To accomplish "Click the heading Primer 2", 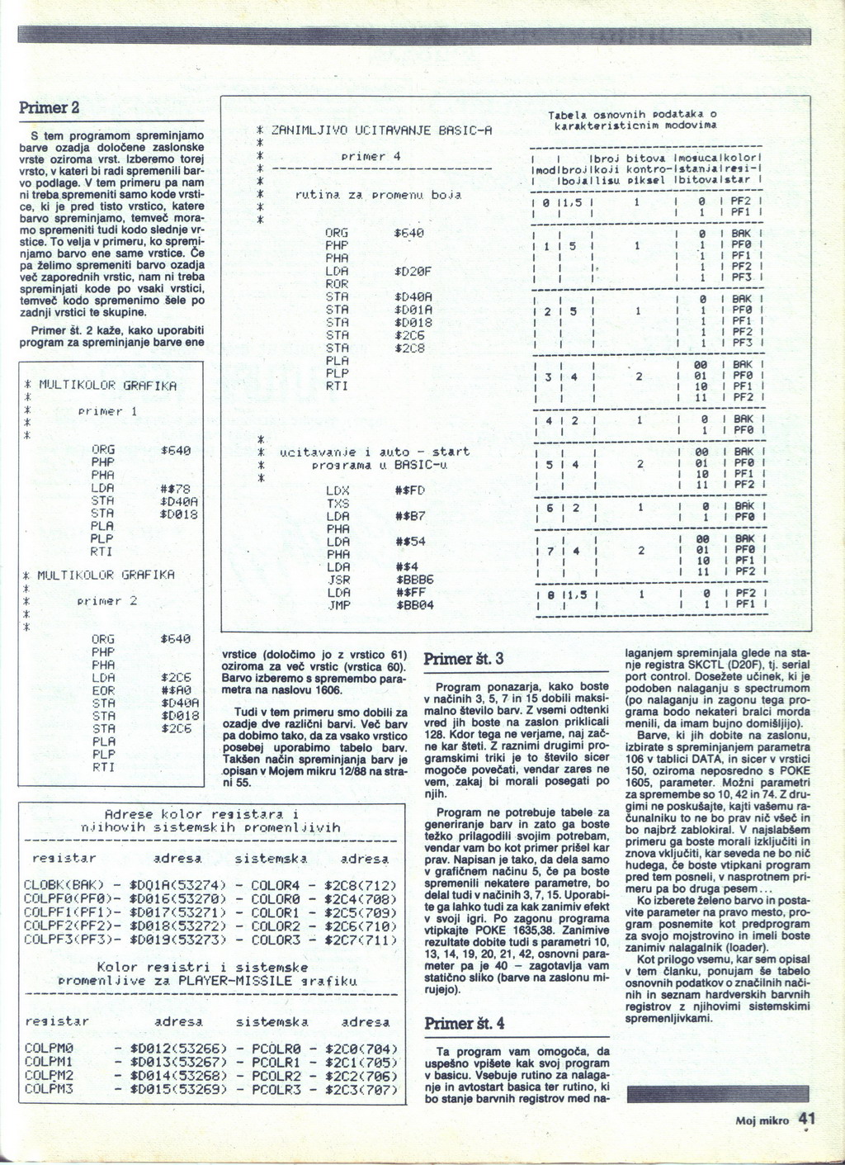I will (50, 108).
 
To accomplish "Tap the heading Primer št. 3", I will (463, 658).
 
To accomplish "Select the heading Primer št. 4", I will (464, 1024).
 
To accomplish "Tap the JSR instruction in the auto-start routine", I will (338, 580).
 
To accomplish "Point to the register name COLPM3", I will (50, 1089).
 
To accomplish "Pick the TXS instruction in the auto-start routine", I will (338, 503).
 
